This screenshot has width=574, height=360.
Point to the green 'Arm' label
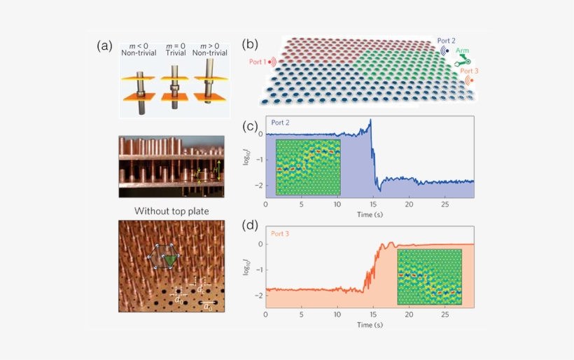coord(463,51)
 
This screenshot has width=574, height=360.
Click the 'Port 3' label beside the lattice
coord(470,71)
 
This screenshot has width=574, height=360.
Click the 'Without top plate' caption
coord(171,210)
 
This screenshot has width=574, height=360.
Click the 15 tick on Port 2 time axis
coord(372,205)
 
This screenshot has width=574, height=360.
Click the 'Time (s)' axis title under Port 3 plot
coord(369,325)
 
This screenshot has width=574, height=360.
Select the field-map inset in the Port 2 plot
coord(308,167)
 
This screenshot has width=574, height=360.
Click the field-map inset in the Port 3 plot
coord(429,276)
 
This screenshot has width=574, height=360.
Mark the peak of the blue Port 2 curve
coord(370,120)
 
